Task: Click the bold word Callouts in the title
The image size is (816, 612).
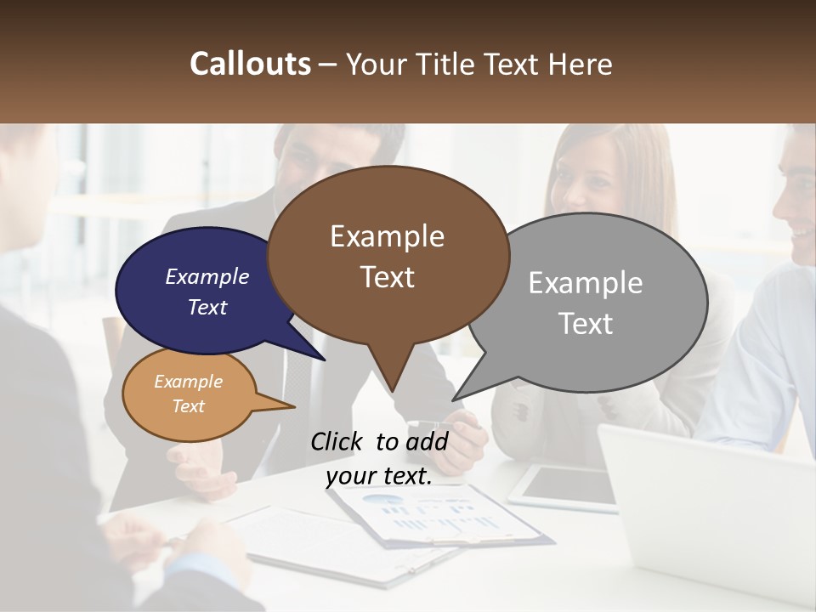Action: pyautogui.click(x=250, y=65)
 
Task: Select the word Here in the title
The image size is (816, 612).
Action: pyautogui.click(x=580, y=65)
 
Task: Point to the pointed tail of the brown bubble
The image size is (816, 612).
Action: pyautogui.click(x=393, y=379)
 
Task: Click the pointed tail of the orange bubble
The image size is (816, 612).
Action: pyautogui.click(x=280, y=406)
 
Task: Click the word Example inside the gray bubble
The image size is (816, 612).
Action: pyautogui.click(x=586, y=283)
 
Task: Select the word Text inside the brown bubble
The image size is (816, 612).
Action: pyautogui.click(x=388, y=277)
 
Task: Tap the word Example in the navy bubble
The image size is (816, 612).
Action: pyautogui.click(x=207, y=277)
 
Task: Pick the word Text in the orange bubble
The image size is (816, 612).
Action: pyautogui.click(x=189, y=406)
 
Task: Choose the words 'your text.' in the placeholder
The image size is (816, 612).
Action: pyautogui.click(x=379, y=476)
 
